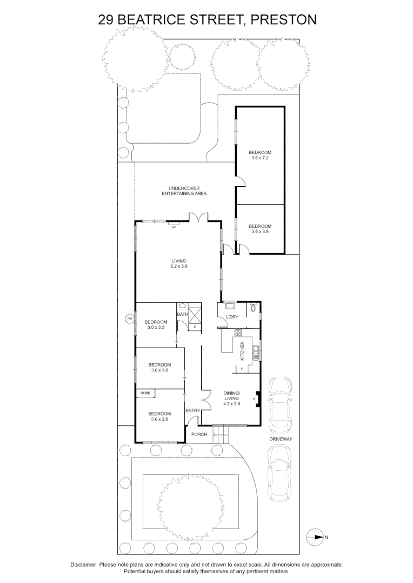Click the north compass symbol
pos(315,537)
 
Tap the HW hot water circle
pos(130,319)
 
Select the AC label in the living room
pos(174,227)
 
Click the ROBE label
pos(145,393)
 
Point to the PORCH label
pos(199,435)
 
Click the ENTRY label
pos(193,411)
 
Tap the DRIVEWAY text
pos(281,439)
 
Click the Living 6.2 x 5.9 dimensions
pos(179,266)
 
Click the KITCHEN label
pos(242,351)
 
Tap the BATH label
pos(182,314)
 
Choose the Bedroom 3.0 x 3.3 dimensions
pos(156,327)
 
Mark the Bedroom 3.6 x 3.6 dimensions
pos(260,232)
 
